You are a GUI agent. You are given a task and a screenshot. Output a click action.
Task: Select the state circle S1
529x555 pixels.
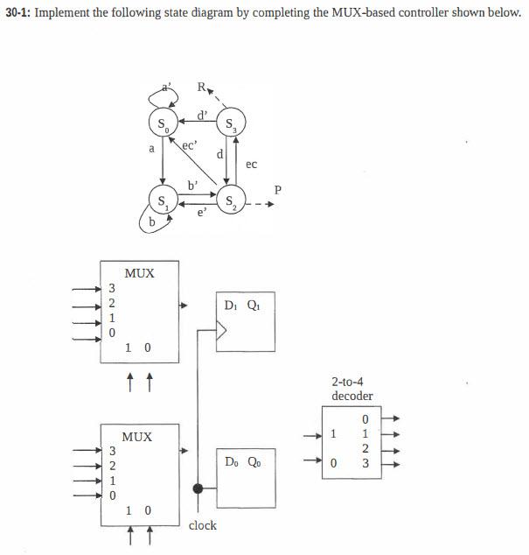[163, 200]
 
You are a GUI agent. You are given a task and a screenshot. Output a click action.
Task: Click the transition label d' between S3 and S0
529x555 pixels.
[202, 114]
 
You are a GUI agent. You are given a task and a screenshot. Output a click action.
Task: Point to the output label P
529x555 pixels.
[278, 189]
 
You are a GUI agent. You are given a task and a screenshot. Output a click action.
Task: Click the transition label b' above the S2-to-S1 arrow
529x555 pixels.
[192, 185]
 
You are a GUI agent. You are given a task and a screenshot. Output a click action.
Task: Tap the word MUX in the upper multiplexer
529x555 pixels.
[139, 273]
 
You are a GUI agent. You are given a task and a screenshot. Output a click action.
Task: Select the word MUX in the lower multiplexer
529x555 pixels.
[137, 436]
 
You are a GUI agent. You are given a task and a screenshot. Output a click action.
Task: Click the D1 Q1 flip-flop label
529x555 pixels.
[241, 305]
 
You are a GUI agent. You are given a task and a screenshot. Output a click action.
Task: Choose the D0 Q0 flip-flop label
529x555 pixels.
[241, 461]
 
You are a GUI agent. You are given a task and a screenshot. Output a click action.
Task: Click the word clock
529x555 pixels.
[202, 525]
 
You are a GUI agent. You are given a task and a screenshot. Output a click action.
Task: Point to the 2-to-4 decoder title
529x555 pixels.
[352, 389]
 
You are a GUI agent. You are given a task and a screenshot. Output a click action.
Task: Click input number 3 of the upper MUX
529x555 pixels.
[111, 288]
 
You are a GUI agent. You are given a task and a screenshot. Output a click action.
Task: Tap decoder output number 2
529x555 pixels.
[365, 448]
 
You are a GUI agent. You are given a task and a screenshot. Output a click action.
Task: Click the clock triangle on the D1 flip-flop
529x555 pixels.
[222, 331]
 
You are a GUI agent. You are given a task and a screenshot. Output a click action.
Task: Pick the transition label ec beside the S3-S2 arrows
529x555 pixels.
[251, 164]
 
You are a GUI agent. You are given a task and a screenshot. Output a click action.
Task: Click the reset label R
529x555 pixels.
[202, 87]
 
